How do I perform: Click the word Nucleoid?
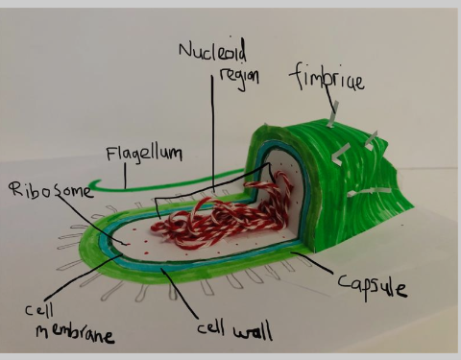pyautogui.click(x=213, y=51)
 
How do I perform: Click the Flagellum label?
pyautogui.click(x=144, y=155)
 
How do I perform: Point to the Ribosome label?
pyautogui.click(x=51, y=190)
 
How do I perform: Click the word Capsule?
pyautogui.click(x=373, y=285)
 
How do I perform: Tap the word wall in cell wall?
pyautogui.click(x=253, y=331)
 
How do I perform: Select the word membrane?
pyautogui.click(x=75, y=334)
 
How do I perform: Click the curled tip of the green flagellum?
pyautogui.click(x=94, y=184)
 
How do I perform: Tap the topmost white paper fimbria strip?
pyautogui.click(x=333, y=114)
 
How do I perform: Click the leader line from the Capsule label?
pyautogui.click(x=313, y=262)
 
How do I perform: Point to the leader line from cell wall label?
pyautogui.click(x=180, y=293)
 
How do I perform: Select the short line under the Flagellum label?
pyautogui.click(x=125, y=176)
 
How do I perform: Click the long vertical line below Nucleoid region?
pyautogui.click(x=212, y=134)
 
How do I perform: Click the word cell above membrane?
pyautogui.click(x=39, y=310)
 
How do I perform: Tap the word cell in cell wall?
pyautogui.click(x=210, y=327)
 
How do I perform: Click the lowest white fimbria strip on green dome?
pyautogui.click(x=370, y=192)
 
